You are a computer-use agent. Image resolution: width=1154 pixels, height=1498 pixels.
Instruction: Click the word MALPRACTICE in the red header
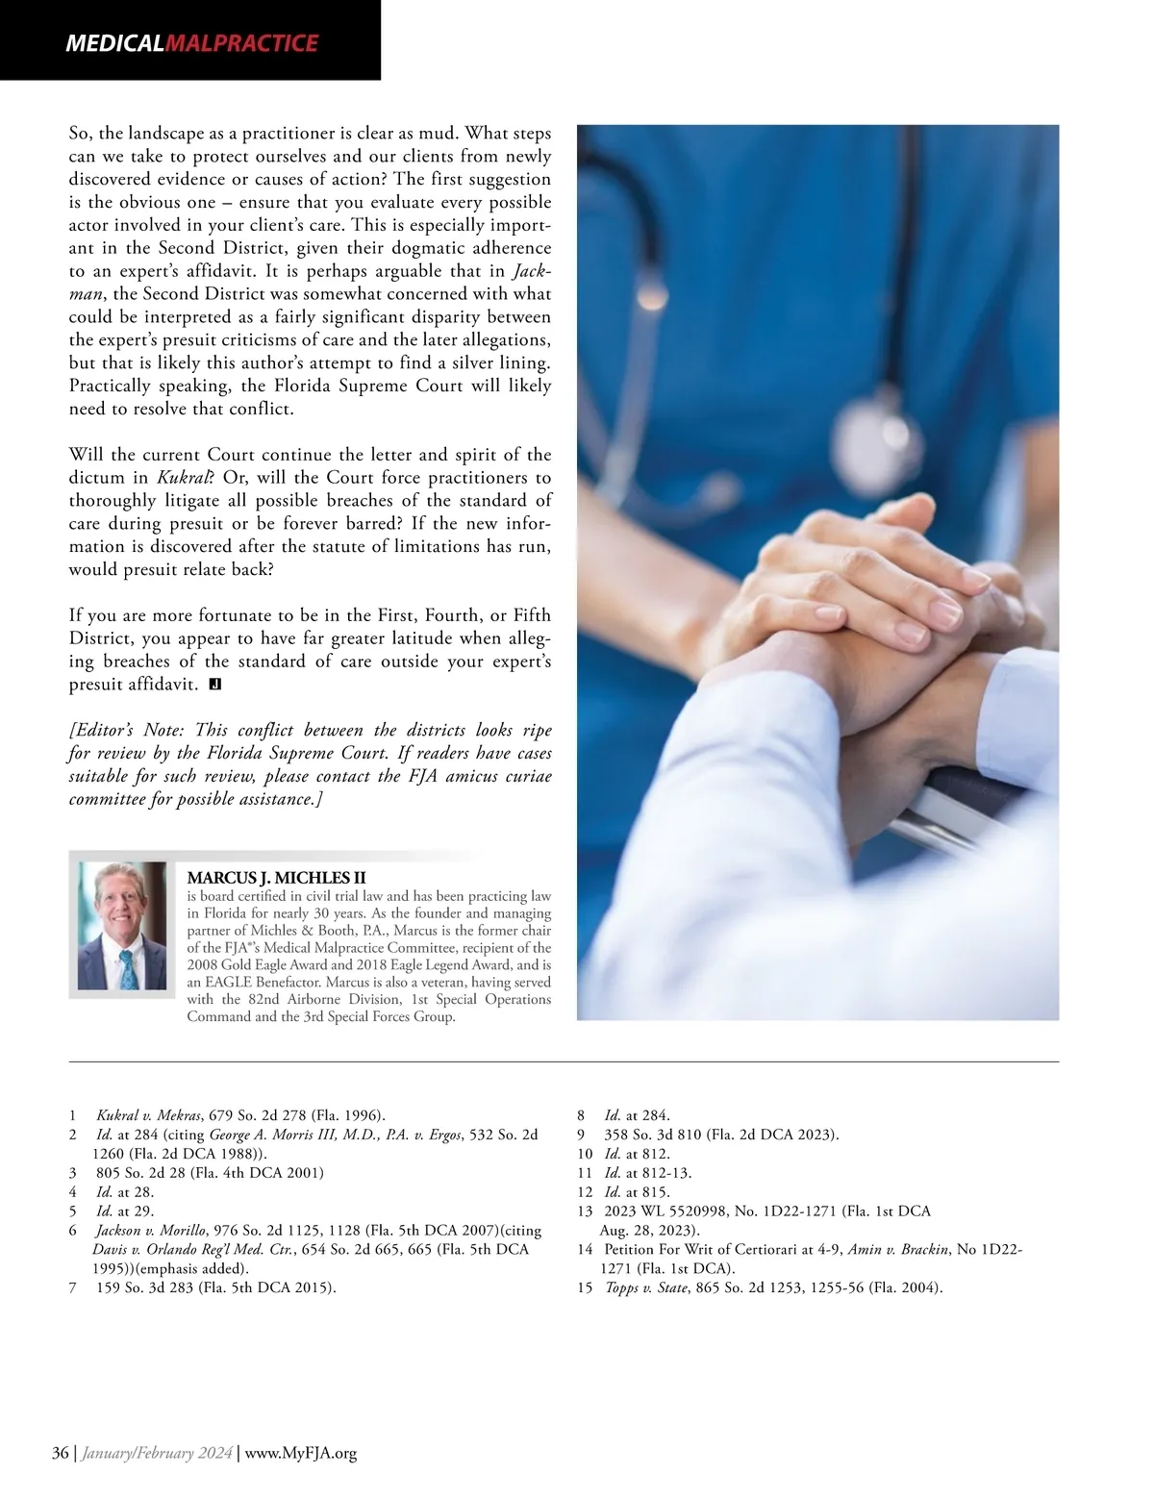pyautogui.click(x=241, y=43)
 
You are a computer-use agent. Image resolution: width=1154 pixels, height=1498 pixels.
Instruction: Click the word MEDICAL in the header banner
pyautogui.click(x=114, y=43)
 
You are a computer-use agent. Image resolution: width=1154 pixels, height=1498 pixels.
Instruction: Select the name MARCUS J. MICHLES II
pyautogui.click(x=276, y=877)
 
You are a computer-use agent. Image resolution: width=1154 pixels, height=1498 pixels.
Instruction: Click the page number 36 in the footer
pyautogui.click(x=60, y=1453)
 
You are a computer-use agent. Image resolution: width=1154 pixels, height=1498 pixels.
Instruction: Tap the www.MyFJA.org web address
pyautogui.click(x=301, y=1453)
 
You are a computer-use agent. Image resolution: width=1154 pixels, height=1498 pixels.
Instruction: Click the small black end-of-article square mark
pyautogui.click(x=215, y=685)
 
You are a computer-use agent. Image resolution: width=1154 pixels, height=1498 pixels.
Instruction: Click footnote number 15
pyautogui.click(x=585, y=1287)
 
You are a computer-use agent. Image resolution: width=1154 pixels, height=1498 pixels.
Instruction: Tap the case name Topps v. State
pyautogui.click(x=646, y=1287)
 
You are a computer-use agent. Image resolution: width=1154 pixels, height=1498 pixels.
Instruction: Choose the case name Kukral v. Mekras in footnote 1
pyautogui.click(x=149, y=1115)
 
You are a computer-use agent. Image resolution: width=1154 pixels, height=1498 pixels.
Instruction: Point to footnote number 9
pyautogui.click(x=581, y=1135)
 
